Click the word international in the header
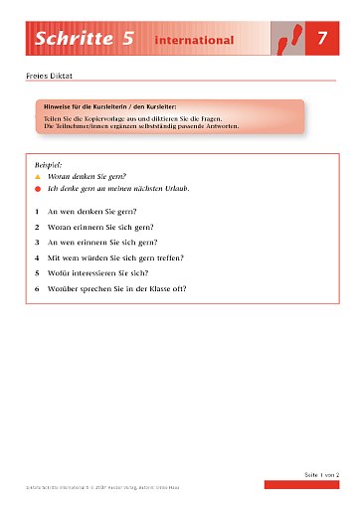(x=194, y=41)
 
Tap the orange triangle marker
(x=38, y=174)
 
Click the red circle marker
(x=38, y=188)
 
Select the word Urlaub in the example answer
(x=177, y=188)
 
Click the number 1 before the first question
(x=37, y=211)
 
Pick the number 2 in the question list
(x=37, y=227)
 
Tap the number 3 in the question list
(x=37, y=242)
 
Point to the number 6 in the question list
(x=37, y=289)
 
